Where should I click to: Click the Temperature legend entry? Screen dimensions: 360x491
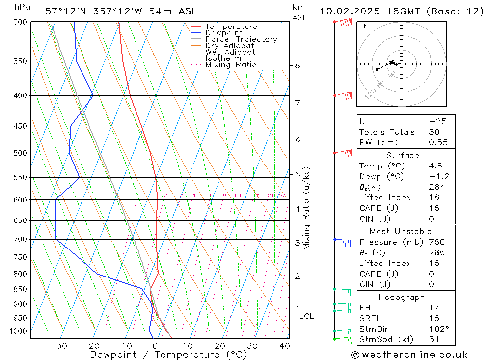click(231, 27)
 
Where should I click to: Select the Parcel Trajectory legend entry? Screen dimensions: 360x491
click(241, 39)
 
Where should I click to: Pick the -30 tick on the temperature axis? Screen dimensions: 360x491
click(58, 346)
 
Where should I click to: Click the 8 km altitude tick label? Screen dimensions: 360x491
click(297, 65)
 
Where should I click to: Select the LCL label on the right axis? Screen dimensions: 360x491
click(306, 316)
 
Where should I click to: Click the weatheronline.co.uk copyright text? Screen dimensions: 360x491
click(409, 355)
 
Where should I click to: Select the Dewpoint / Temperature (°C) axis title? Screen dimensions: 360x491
click(168, 355)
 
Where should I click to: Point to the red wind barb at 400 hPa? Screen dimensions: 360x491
click(345, 95)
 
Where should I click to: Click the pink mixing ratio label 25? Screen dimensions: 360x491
click(283, 195)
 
